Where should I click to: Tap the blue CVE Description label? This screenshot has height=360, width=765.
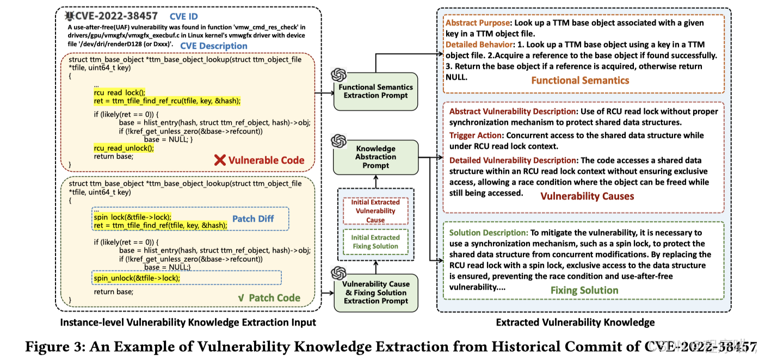(x=213, y=46)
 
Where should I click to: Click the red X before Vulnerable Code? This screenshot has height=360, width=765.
(x=220, y=160)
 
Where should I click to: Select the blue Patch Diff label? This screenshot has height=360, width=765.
(x=253, y=219)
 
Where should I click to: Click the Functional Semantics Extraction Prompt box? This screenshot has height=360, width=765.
(x=375, y=91)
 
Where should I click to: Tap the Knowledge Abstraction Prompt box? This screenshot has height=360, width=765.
(x=375, y=157)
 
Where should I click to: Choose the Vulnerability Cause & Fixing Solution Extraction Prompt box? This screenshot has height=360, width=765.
(x=375, y=292)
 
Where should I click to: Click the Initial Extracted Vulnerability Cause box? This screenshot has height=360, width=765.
(x=375, y=210)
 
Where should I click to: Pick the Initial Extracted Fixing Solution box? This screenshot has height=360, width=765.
(x=375, y=241)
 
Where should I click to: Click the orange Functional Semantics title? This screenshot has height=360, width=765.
(x=579, y=80)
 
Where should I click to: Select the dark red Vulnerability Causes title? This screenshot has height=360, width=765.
(x=587, y=196)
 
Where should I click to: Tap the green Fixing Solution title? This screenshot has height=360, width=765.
(x=584, y=290)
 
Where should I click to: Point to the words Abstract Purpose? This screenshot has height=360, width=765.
(x=477, y=23)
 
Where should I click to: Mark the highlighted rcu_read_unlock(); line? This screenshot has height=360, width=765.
(x=124, y=148)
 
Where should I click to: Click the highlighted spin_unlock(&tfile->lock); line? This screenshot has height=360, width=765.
(x=137, y=278)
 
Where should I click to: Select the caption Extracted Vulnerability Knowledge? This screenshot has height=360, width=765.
(x=575, y=322)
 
